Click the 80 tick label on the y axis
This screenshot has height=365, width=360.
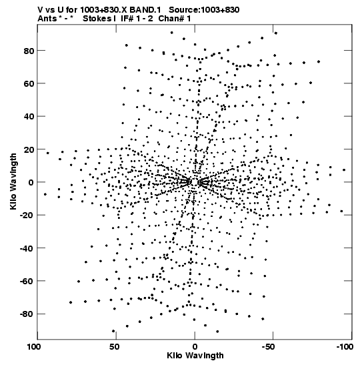(x=29, y=51)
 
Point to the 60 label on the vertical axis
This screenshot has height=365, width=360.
(x=29, y=84)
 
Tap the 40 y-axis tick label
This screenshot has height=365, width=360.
(x=29, y=117)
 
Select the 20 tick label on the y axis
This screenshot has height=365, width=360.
(x=29, y=149)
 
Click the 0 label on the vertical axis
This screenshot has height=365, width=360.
(x=31, y=183)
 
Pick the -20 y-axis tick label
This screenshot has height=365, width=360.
(x=27, y=216)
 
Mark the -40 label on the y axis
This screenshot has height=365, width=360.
(x=27, y=248)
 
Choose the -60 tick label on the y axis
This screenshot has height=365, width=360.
(x=27, y=281)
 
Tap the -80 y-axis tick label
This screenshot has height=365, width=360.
(x=27, y=314)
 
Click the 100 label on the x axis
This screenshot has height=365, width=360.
(x=34, y=347)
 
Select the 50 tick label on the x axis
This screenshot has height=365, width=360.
(x=114, y=347)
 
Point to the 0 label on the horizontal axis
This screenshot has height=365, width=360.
(x=195, y=347)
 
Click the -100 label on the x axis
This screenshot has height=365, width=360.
(x=345, y=347)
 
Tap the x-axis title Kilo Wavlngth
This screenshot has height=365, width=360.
(x=195, y=356)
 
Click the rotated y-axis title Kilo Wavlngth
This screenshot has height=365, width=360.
(x=13, y=181)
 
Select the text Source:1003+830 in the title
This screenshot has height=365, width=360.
(x=204, y=10)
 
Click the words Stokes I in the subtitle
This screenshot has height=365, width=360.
(x=99, y=19)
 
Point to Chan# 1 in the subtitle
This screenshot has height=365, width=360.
(x=175, y=19)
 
